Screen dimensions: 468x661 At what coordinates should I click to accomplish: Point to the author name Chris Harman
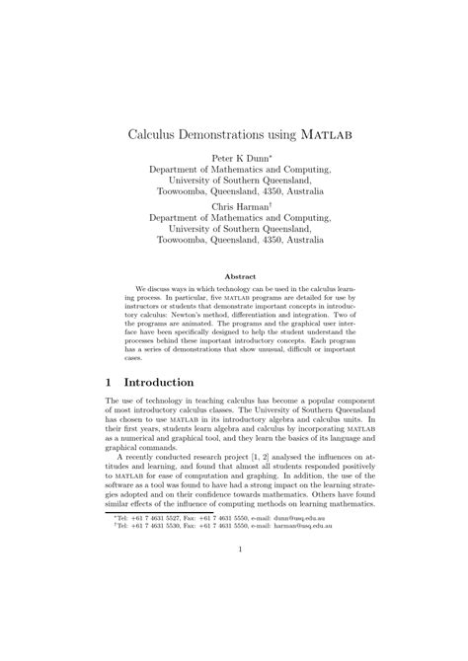[233, 207]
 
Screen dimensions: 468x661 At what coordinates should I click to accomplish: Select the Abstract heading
[241, 277]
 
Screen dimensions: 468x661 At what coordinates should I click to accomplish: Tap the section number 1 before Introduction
[110, 381]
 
